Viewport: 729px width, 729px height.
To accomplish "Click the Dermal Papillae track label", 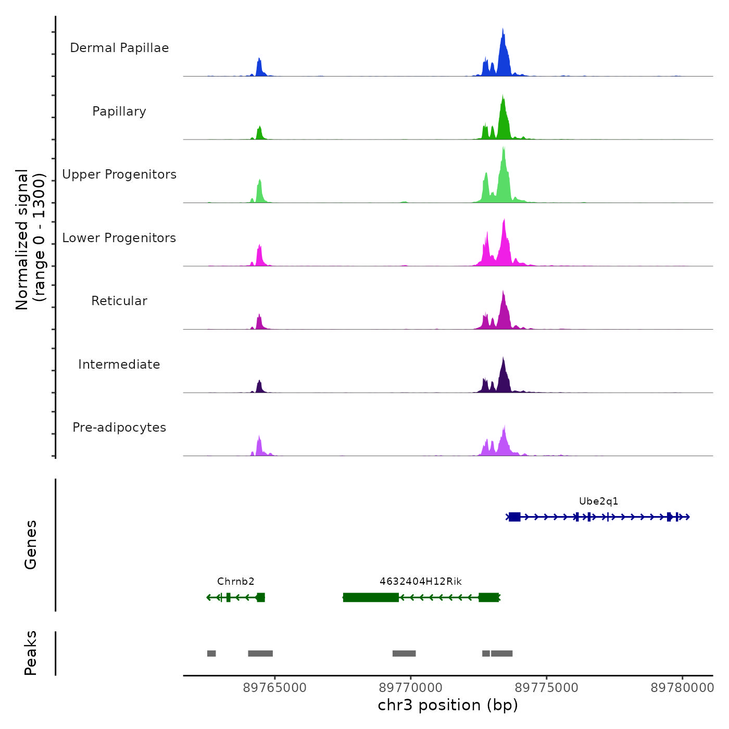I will point(119,48).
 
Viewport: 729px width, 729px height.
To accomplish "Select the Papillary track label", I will point(119,111).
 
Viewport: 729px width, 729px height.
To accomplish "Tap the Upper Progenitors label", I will point(119,174).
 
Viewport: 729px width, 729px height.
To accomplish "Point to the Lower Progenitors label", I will point(119,238).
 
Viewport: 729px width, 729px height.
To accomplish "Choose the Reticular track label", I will point(119,301).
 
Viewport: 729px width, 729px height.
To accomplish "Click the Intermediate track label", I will point(119,364).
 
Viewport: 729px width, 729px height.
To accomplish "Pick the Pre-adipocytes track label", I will point(119,428).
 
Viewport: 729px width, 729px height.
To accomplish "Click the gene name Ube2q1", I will point(598,501).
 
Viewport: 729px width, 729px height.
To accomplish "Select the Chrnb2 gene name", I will point(235,582).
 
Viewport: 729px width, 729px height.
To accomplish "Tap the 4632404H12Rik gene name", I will point(420,582).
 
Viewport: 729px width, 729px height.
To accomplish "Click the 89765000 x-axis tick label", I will point(275,688).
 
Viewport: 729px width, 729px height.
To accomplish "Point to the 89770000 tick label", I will point(411,688).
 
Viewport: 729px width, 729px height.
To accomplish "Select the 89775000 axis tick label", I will point(547,688).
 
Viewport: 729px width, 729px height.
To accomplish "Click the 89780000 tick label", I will point(682,688).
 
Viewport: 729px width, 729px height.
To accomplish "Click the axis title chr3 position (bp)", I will point(448,705).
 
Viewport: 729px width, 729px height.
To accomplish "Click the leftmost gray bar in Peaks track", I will point(211,653).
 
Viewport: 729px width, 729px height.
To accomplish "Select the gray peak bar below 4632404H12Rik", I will point(404,653).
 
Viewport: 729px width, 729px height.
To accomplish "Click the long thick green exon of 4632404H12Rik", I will point(371,597).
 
